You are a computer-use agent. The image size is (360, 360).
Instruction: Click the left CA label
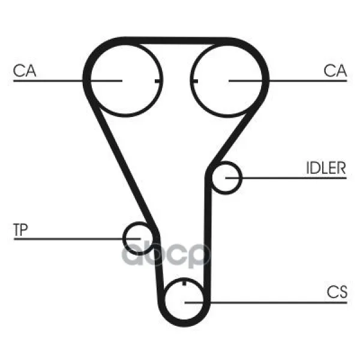click(25, 70)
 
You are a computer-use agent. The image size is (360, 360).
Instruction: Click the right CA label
click(335, 70)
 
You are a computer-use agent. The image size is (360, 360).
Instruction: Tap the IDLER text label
click(326, 168)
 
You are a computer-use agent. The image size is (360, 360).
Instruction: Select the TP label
click(20, 230)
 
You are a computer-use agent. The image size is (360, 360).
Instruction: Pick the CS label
click(337, 292)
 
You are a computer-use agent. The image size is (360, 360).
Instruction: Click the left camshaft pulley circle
click(125, 80)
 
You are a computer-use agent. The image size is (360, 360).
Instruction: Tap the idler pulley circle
click(226, 178)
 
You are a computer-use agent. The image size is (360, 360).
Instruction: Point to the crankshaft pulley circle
click(184, 300)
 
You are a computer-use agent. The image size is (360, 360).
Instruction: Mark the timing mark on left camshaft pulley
click(158, 81)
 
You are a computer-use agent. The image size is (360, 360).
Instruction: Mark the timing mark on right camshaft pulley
click(194, 81)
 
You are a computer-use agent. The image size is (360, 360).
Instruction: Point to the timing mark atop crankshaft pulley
click(184, 282)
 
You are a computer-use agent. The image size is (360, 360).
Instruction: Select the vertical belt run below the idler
click(208, 239)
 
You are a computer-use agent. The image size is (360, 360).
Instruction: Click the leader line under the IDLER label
click(286, 178)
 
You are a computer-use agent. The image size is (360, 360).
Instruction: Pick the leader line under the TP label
click(77, 239)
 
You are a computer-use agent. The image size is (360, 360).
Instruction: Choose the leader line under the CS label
click(266, 302)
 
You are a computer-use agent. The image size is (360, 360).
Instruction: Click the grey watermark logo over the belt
click(166, 255)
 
